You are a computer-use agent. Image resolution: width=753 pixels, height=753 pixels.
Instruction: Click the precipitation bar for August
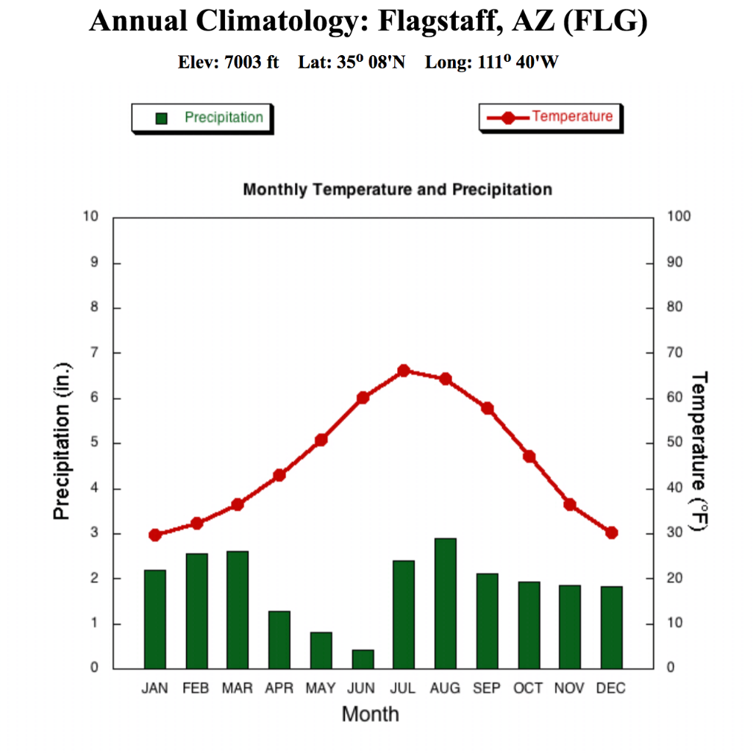pyautogui.click(x=445, y=604)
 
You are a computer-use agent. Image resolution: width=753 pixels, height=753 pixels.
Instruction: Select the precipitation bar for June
pyautogui.click(x=362, y=660)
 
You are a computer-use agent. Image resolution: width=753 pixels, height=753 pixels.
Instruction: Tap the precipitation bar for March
pyautogui.click(x=237, y=610)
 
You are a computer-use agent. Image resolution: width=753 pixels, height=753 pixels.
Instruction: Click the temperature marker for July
pyautogui.click(x=404, y=371)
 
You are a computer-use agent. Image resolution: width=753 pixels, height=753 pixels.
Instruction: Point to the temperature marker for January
pyautogui.click(x=154, y=535)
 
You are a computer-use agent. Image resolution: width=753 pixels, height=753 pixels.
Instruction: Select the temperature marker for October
pyautogui.click(x=529, y=457)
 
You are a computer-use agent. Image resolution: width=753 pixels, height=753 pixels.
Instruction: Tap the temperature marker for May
pyautogui.click(x=321, y=440)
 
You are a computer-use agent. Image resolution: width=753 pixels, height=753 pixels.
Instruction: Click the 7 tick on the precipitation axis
pyautogui.click(x=93, y=353)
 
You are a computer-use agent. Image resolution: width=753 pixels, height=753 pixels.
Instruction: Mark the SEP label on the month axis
pyautogui.click(x=487, y=688)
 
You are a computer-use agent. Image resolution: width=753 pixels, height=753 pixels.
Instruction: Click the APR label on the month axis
pyautogui.click(x=279, y=688)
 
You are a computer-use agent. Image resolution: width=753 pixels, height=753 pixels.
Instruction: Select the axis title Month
pyautogui.click(x=370, y=713)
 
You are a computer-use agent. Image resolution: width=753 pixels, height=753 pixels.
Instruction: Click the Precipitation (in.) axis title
pyautogui.click(x=63, y=441)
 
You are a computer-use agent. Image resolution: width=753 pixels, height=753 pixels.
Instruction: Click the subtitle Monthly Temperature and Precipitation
pyautogui.click(x=397, y=190)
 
